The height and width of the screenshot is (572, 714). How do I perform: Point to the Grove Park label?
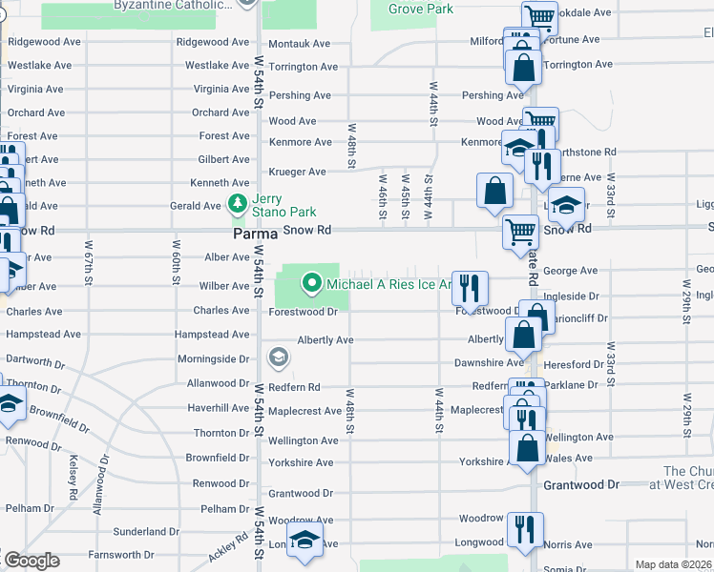click(420, 10)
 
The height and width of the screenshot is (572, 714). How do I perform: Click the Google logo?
click(31, 561)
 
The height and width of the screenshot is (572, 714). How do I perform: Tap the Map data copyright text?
click(673, 564)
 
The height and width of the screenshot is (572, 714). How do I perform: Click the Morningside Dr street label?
click(213, 359)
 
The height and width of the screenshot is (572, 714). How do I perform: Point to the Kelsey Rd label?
click(73, 474)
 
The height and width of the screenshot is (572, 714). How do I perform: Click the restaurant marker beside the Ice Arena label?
click(470, 287)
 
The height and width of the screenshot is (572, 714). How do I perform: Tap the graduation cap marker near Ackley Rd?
click(304, 541)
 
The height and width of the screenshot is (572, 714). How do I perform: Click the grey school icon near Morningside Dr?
click(279, 358)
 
